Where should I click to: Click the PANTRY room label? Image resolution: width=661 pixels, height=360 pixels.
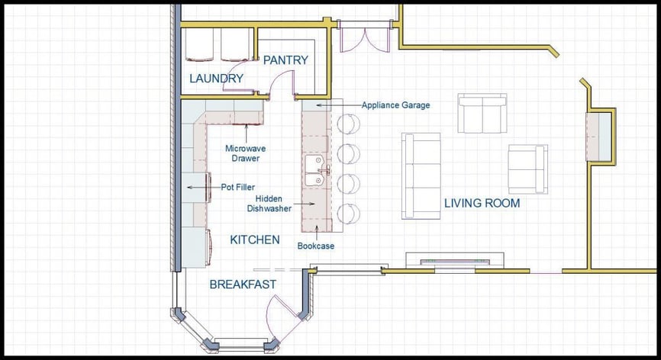coord(285,60)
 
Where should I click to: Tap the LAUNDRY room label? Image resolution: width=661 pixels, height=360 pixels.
coord(216,79)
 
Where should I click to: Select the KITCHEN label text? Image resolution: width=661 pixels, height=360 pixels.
coord(255,240)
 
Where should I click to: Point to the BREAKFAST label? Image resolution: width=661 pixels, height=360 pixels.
coord(243,284)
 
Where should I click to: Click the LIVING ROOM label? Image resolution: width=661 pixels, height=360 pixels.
coord(482,204)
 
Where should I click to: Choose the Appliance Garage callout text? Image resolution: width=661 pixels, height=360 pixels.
coord(395,105)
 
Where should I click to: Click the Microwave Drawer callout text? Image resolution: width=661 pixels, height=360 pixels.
coord(245,153)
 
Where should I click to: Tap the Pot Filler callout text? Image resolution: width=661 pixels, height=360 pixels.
coord(237,188)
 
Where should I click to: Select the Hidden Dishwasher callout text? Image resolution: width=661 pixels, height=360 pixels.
coord(269,204)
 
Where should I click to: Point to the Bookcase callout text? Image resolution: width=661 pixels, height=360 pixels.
coord(316,246)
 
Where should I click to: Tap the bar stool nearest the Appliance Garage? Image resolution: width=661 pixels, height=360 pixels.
coord(348,124)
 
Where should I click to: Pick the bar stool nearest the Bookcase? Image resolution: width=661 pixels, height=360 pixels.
coord(348,214)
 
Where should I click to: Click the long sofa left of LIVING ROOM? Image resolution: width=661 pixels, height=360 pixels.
coord(421,176)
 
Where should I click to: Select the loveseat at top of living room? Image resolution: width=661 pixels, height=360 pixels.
coord(482,114)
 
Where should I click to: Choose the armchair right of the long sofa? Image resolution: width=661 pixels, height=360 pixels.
coord(527,169)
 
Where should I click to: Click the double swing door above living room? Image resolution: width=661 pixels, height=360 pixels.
coord(365,37)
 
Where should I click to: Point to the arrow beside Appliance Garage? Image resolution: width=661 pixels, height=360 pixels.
coord(337,105)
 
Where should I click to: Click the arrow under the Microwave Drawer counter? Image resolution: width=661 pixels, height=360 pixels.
coord(247,133)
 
